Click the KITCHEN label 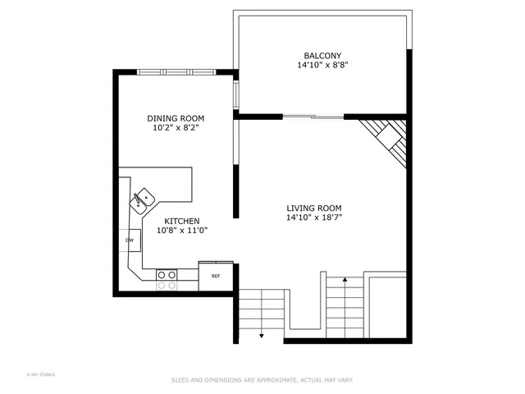point(182,221)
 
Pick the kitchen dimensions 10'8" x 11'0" point(182,231)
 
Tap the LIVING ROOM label point(313,208)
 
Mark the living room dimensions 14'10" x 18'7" point(313,218)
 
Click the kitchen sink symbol point(144,198)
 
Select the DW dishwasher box point(130,241)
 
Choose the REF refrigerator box point(216,277)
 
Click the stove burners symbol point(167,280)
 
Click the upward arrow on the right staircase point(345,282)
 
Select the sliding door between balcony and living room point(313,117)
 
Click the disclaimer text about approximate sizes point(262,380)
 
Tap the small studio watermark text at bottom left point(41,374)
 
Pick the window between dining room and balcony point(235,95)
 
